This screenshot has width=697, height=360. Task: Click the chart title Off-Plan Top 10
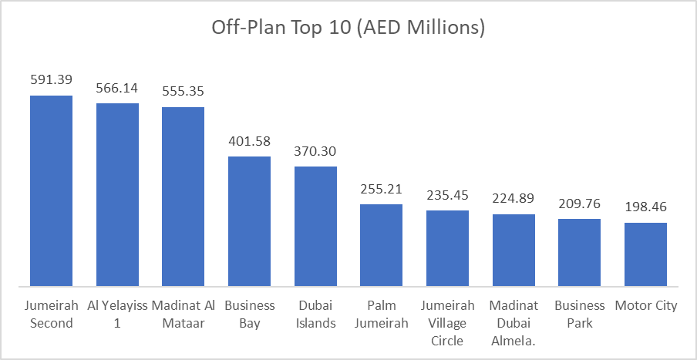(x=348, y=29)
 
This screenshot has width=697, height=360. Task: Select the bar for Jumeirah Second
(x=51, y=191)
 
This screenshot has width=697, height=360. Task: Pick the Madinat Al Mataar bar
(x=183, y=197)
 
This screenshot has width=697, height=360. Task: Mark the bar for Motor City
(x=645, y=255)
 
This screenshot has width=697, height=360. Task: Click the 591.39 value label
(x=51, y=79)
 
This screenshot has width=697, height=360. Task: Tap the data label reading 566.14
(x=117, y=87)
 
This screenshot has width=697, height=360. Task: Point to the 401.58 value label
(x=249, y=141)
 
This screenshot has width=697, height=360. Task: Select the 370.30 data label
(x=315, y=151)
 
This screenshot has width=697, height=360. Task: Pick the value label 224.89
(x=513, y=199)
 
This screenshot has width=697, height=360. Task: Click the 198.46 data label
(x=645, y=207)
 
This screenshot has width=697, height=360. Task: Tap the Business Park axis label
(x=580, y=315)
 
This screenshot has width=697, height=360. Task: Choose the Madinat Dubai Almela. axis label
(x=513, y=323)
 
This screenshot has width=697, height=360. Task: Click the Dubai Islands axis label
(x=315, y=315)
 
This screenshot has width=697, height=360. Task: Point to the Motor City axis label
(x=645, y=306)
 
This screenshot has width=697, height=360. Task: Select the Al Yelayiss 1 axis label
(x=117, y=315)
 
